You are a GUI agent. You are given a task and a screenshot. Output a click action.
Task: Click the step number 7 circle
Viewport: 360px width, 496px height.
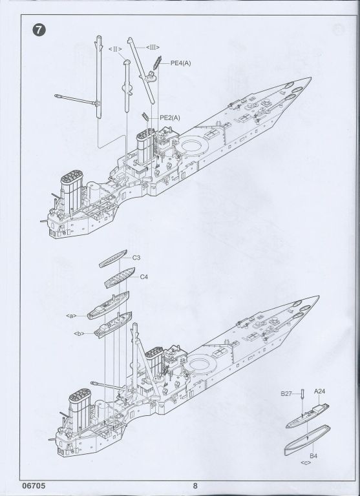pos(39,30)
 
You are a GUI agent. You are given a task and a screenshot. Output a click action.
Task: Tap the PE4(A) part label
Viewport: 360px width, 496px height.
pos(181,63)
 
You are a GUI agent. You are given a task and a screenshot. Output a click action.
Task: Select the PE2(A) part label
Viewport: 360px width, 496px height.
pos(170,118)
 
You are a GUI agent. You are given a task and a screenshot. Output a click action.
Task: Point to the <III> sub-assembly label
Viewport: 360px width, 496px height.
pos(153,47)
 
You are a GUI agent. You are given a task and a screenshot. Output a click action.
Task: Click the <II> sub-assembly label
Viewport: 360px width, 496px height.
pos(115,49)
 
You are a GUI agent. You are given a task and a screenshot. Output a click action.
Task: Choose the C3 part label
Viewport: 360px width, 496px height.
pos(136,258)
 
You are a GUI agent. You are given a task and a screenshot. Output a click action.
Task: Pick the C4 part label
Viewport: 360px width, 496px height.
pos(144,277)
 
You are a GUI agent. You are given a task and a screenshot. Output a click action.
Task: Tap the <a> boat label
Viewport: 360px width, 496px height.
pos(72,316)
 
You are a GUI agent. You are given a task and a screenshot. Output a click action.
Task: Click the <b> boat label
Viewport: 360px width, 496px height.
pos(79,333)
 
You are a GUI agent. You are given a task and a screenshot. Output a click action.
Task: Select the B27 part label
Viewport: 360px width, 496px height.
pos(286,394)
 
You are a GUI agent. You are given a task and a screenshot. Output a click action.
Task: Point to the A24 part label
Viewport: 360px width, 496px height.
pos(319,391)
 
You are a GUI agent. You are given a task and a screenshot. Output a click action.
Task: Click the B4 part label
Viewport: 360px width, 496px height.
pos(313,456)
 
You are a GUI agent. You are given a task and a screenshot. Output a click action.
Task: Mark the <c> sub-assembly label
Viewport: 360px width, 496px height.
pos(306,463)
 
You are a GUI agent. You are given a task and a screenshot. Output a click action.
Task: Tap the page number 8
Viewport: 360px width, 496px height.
pos(195,486)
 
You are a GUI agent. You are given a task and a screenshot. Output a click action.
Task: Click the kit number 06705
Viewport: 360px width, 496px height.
pos(34,486)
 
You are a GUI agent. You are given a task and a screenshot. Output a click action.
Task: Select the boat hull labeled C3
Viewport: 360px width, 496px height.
pos(113,259)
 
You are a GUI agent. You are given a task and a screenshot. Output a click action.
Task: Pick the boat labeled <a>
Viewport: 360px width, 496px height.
pos(109,305)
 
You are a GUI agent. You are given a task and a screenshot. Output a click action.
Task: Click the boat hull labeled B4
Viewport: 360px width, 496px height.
pos(307,440)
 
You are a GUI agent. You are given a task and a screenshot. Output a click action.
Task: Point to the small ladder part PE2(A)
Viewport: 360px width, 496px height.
pos(145,117)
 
